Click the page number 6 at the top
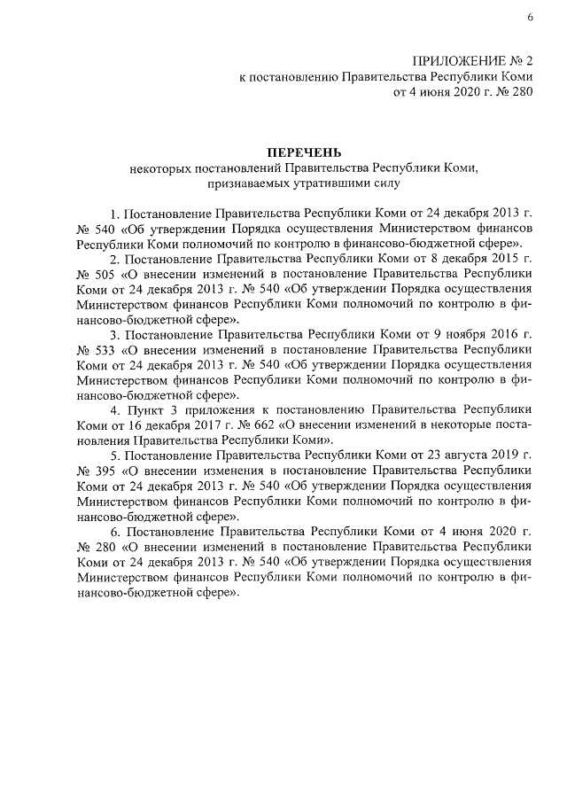point(529,17)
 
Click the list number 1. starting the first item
point(114,214)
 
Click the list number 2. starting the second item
point(114,260)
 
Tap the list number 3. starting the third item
point(114,334)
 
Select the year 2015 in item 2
point(501,260)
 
